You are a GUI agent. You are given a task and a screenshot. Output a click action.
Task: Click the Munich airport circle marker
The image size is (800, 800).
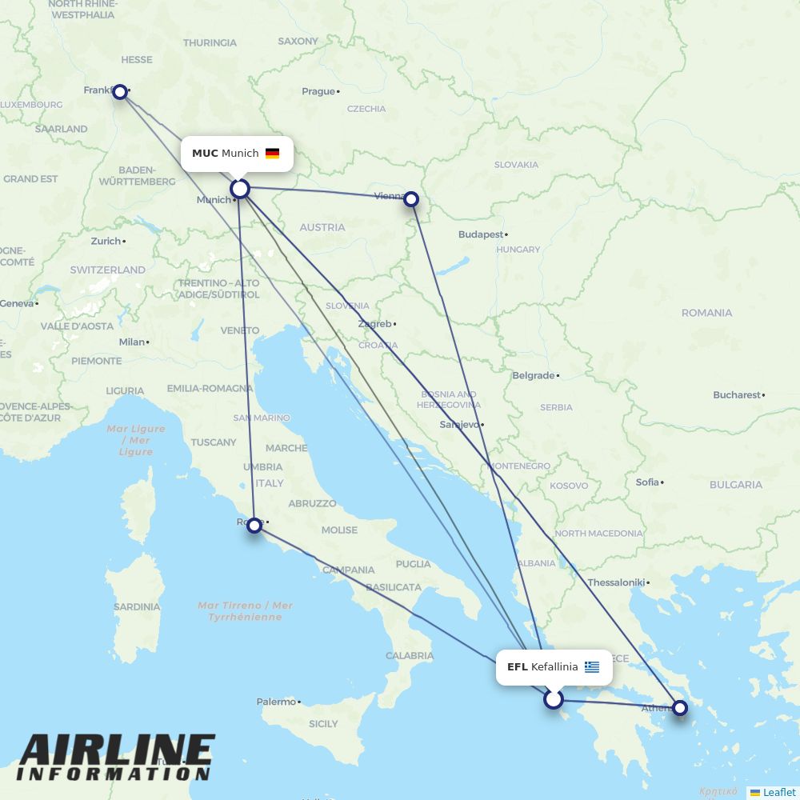click(x=240, y=189)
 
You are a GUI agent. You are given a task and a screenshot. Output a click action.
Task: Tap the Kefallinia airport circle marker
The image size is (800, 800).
click(x=554, y=700)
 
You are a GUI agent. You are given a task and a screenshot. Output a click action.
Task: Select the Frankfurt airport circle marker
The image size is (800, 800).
click(x=120, y=92)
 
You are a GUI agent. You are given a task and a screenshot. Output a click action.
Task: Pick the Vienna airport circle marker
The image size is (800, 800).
click(x=411, y=199)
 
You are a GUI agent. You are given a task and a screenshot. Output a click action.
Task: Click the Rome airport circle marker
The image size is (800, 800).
click(x=254, y=526)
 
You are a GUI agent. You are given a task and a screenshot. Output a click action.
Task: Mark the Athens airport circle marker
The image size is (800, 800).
click(x=679, y=707)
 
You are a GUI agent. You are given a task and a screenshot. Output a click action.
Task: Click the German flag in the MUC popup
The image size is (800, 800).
click(x=273, y=154)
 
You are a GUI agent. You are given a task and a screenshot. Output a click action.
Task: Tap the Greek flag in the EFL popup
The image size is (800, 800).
click(x=592, y=667)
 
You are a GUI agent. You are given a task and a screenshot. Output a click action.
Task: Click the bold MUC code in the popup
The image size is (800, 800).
click(x=205, y=154)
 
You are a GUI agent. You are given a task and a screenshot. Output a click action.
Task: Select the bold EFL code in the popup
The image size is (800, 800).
click(x=517, y=667)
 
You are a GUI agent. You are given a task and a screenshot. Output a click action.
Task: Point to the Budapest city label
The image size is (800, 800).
click(x=481, y=234)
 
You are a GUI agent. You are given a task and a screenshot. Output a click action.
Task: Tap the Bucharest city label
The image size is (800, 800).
click(x=737, y=394)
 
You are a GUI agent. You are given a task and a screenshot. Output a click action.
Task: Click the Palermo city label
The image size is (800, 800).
click(x=276, y=702)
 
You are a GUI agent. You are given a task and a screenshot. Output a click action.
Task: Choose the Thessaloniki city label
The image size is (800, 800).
click(x=616, y=582)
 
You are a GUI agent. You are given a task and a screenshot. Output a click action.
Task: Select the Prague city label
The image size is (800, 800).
click(x=318, y=91)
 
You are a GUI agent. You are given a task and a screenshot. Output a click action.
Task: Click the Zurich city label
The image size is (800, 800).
click(x=106, y=241)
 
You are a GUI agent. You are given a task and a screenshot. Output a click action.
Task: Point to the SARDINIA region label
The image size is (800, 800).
click(x=137, y=607)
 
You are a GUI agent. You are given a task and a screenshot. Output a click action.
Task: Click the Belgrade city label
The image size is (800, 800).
click(x=534, y=375)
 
